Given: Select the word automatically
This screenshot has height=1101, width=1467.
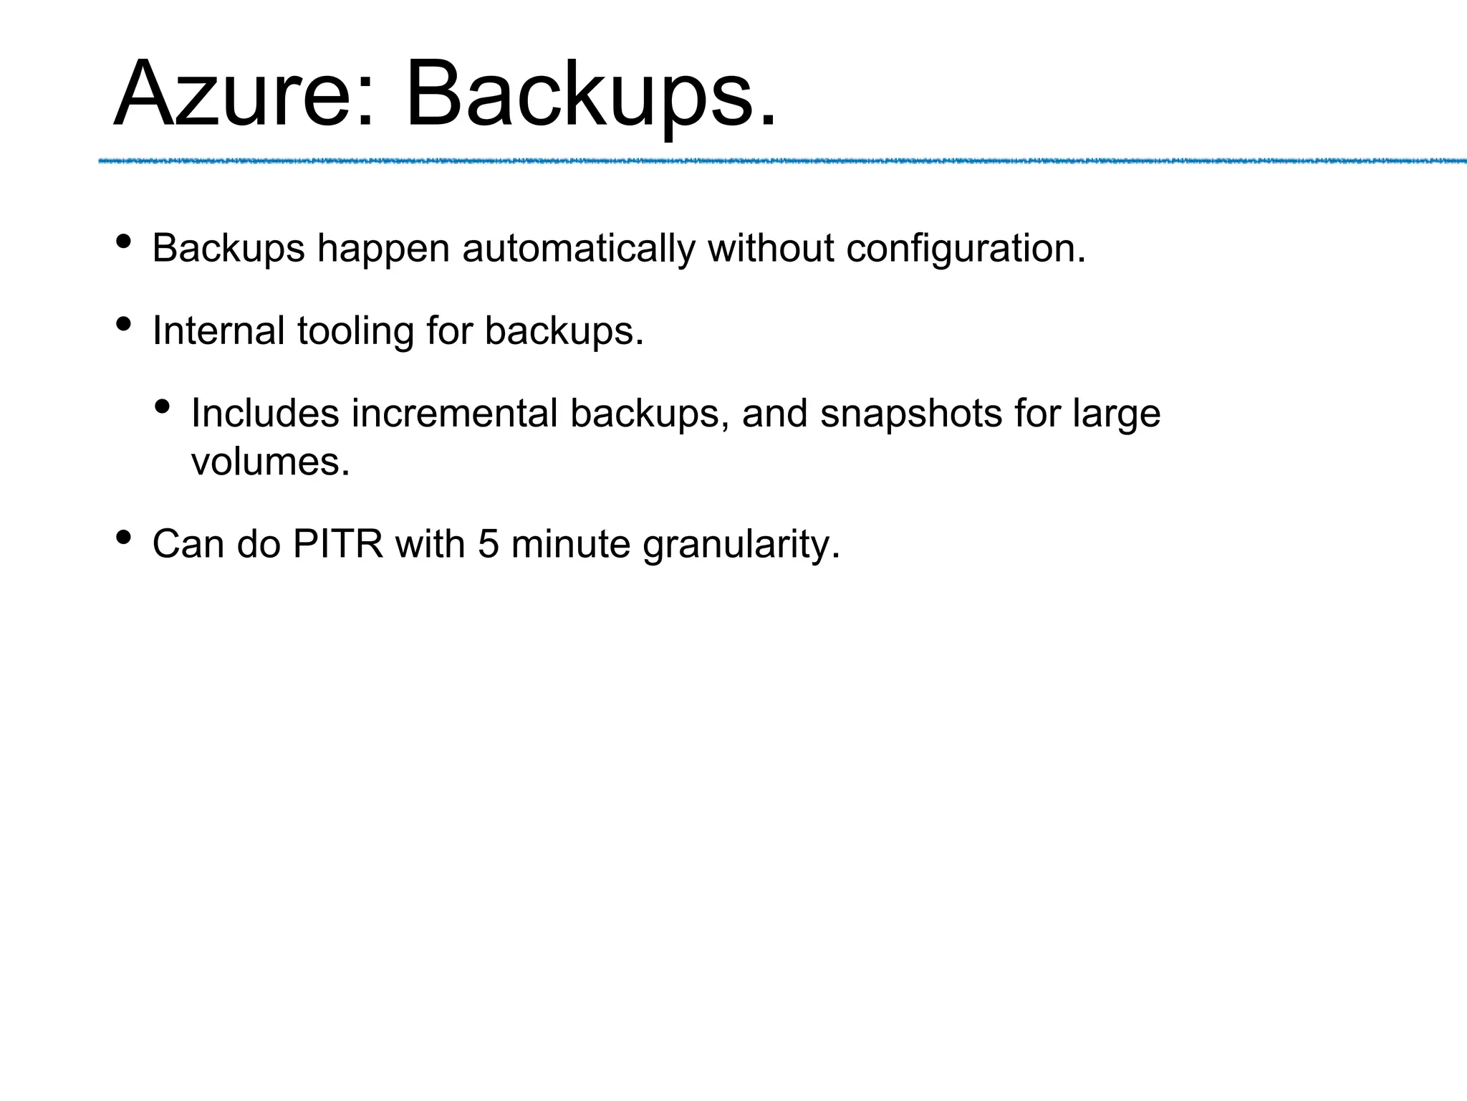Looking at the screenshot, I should click(579, 249).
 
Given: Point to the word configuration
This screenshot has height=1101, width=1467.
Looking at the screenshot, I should click(966, 249).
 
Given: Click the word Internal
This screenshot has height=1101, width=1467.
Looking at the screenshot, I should click(218, 331).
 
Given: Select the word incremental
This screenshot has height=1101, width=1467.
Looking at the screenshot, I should click(454, 414).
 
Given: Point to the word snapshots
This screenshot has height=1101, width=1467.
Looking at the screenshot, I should click(910, 415).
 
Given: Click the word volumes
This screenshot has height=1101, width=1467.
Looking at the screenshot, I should click(270, 462).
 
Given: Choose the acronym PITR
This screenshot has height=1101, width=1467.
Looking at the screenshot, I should click(337, 544).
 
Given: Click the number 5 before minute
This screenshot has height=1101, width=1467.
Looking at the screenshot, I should click(488, 544).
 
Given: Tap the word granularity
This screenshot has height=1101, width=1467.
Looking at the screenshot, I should click(741, 545).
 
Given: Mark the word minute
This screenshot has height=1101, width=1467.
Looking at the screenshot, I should click(570, 544).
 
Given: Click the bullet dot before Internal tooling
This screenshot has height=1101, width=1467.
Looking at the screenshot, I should click(123, 325).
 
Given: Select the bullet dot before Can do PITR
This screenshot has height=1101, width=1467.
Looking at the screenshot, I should click(123, 537).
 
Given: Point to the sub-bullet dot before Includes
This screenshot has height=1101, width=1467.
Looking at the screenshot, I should click(163, 407).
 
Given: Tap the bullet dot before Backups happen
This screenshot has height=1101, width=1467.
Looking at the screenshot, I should click(123, 242).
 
